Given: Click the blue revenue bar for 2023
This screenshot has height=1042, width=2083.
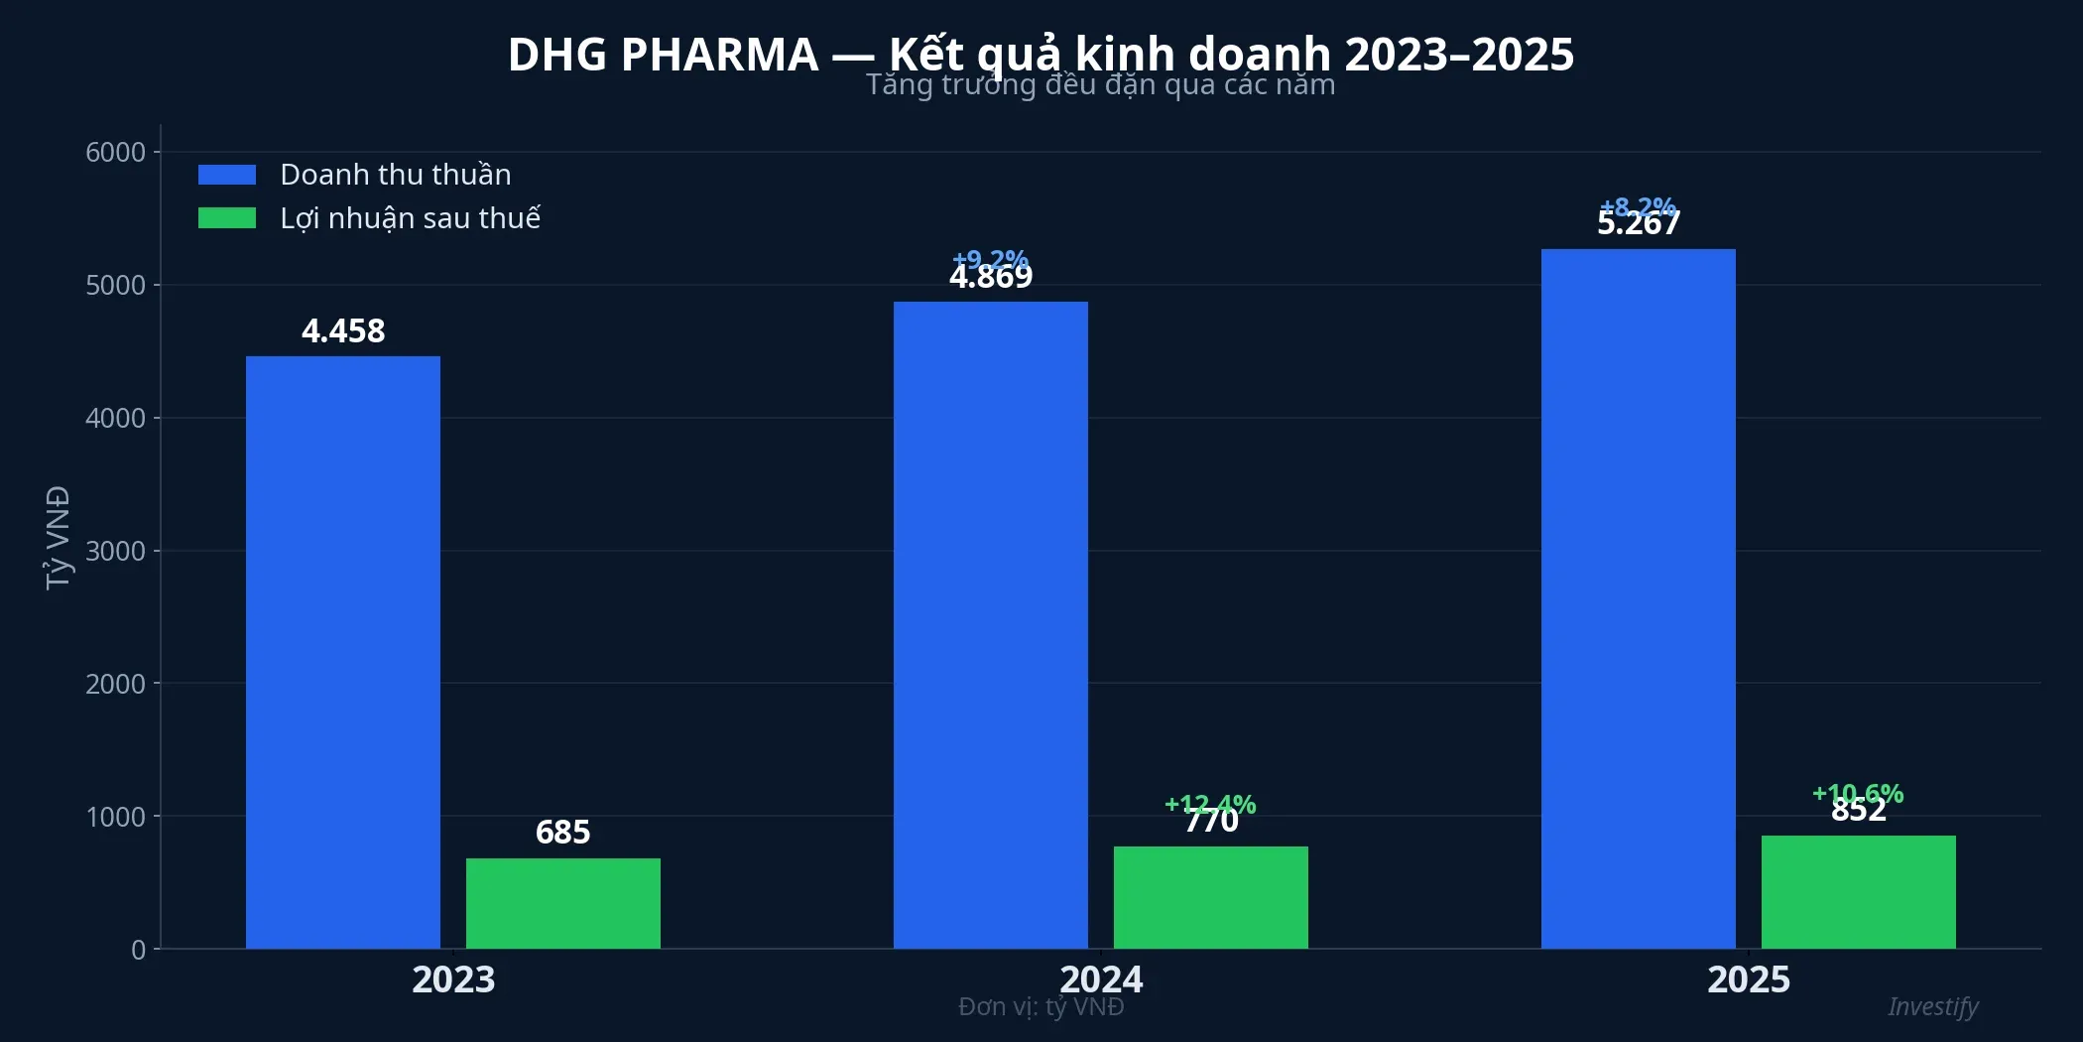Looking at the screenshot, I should click(343, 652).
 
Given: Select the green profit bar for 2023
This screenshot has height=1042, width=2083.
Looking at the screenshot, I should click(562, 903).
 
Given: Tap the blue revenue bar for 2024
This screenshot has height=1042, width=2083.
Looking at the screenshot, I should click(990, 625).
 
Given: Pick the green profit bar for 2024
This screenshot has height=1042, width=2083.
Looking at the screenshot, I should click(1210, 897).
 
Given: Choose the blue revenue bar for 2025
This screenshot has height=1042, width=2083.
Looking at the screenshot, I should click(1638, 598).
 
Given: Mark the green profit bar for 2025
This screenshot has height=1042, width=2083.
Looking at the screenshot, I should click(1858, 892).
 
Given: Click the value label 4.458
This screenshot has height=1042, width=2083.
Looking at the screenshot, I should click(343, 330).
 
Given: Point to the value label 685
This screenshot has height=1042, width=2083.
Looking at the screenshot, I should click(562, 832).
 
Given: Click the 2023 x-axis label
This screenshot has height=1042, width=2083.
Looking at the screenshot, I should click(453, 979).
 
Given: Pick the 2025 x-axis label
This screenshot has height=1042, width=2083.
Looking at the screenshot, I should click(1749, 979).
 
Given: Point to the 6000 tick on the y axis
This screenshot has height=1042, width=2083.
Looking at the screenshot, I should click(115, 152).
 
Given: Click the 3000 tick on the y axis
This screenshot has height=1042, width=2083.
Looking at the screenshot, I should click(115, 551).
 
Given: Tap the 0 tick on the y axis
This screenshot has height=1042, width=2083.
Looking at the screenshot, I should click(139, 950).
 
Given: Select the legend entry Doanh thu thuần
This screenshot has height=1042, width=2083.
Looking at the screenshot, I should click(395, 175).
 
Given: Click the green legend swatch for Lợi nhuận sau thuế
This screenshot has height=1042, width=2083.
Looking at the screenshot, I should click(227, 218).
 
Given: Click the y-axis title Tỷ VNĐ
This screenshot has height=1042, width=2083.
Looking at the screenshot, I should click(59, 537).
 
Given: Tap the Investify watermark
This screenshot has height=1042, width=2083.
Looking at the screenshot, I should click(1932, 1006).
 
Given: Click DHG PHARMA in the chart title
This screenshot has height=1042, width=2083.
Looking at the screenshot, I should click(663, 55).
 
